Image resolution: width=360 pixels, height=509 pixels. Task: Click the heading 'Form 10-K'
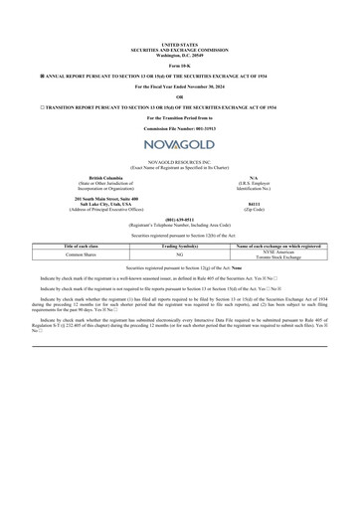(x=179, y=65)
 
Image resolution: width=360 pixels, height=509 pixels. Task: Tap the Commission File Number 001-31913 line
(x=179, y=129)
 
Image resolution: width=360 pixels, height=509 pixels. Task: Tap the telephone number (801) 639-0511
(x=179, y=219)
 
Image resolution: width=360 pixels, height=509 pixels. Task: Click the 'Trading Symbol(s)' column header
(x=179, y=245)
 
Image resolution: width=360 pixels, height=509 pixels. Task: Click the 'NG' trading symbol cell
(x=179, y=254)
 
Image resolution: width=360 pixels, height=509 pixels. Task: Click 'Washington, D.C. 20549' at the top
(x=179, y=53)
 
